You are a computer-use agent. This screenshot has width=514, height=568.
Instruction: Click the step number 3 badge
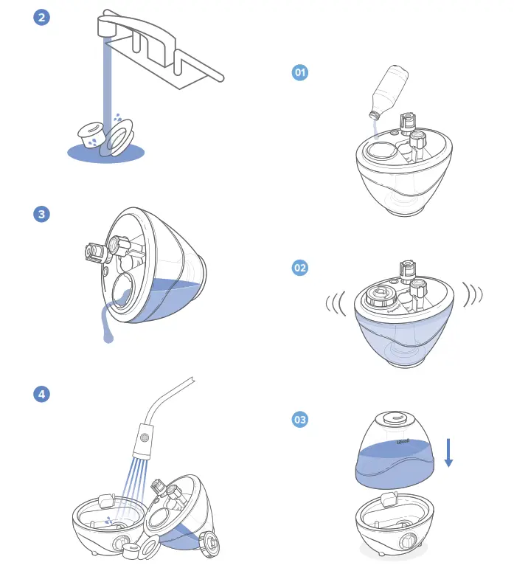pos(42,214)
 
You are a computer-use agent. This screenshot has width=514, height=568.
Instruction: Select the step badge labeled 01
pos(300,72)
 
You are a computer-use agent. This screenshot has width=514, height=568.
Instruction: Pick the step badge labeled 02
pos(300,268)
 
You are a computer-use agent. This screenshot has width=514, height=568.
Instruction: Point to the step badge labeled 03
pos(300,419)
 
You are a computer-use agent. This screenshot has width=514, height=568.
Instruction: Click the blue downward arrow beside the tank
pos(448,451)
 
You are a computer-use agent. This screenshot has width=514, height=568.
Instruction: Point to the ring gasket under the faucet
pos(118,139)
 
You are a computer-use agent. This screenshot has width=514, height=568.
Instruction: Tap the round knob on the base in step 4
pos(120,544)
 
